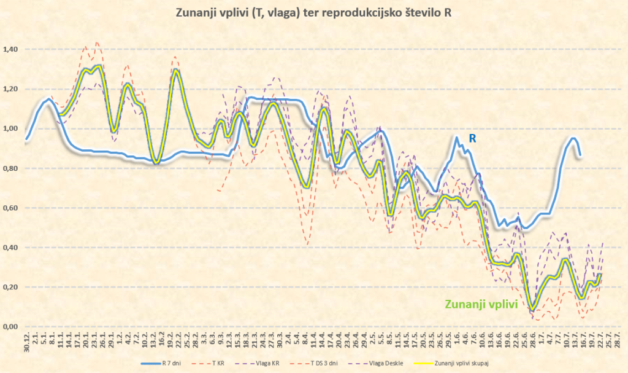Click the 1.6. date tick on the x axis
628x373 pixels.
pos(457,339)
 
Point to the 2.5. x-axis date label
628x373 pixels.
pos(373,339)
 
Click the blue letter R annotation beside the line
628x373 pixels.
pos(472,139)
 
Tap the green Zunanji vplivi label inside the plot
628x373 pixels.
pos(481,304)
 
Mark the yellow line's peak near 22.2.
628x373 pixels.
pos(176,70)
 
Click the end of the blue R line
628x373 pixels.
pos(580,156)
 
